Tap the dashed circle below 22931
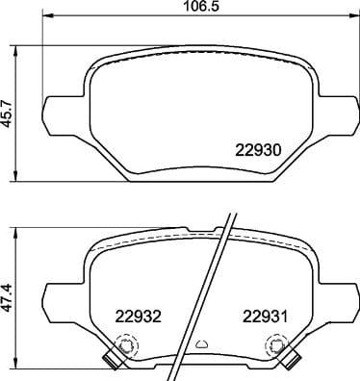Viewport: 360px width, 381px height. click(x=278, y=344)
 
